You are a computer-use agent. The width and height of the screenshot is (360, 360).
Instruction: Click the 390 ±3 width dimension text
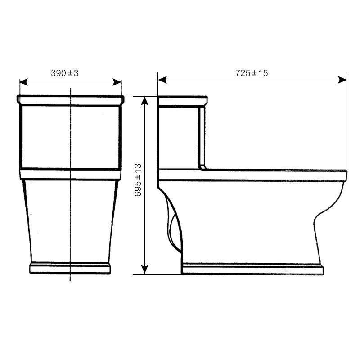pos(64,73)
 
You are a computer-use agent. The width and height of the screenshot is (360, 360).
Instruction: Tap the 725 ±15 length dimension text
pos(252,73)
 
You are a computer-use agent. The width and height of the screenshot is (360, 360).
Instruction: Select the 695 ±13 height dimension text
pos(138,180)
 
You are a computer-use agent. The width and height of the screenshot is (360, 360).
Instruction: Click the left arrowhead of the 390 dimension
pos(24,82)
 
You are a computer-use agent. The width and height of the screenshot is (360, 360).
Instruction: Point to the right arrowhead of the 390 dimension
pos(117,82)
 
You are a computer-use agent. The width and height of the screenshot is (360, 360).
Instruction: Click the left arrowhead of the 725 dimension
pos(162,80)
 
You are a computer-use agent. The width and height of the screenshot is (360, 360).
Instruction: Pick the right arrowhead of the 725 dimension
pos(342,80)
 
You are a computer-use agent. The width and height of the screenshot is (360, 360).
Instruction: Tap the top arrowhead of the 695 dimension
pos(144,100)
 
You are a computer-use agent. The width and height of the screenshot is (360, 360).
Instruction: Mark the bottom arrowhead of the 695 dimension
pos(144,270)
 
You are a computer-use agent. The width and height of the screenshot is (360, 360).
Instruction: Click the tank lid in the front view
pos(71,100)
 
